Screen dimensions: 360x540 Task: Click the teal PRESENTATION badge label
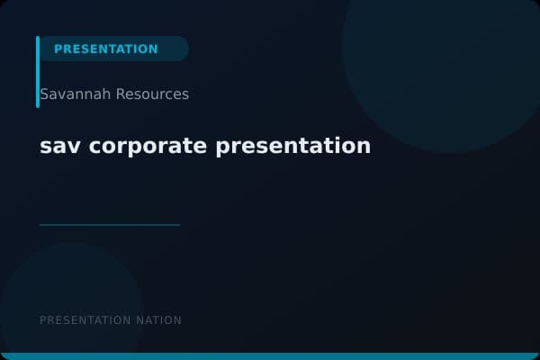[105, 49]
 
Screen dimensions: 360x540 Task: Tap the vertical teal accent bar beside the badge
[38, 72]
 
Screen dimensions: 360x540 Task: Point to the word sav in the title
[56, 146]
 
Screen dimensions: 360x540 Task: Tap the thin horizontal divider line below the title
[110, 225]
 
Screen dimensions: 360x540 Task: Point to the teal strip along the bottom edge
[270, 356]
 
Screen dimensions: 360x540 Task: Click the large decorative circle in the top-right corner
[441, 63]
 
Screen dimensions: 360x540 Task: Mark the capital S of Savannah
[44, 94]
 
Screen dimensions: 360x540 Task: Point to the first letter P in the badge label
[58, 49]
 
